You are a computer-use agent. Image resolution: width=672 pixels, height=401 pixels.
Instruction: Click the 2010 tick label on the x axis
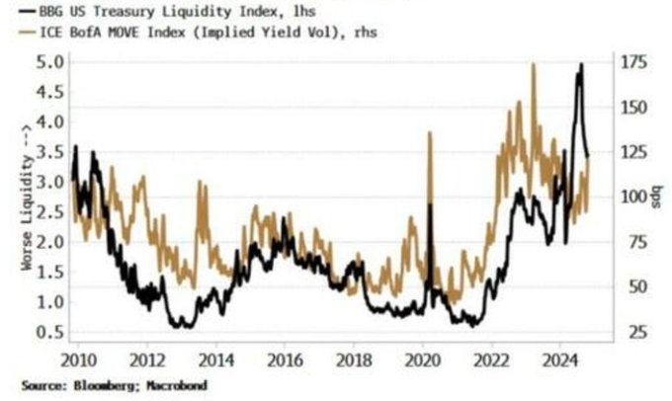pos(79,358)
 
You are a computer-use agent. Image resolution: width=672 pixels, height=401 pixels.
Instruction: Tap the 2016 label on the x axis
pos(285,358)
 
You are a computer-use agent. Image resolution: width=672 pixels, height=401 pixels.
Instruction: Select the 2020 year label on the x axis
pos(422,358)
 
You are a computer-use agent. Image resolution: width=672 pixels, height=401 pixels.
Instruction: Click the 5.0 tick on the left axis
pos(51,61)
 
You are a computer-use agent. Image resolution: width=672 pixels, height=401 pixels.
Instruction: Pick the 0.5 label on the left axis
pos(51,332)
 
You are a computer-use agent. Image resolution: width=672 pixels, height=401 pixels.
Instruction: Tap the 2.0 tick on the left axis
pos(51,242)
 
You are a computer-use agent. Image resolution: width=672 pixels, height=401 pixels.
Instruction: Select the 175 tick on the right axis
pos(636,61)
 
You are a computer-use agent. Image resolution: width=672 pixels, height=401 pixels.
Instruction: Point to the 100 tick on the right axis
pos(636,197)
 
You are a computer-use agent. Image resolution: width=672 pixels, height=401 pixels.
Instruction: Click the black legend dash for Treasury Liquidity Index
pos(17,13)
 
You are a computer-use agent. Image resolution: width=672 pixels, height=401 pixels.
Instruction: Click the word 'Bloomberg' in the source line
pos(99,384)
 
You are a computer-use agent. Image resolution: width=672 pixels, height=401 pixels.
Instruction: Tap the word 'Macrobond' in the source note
pos(179,384)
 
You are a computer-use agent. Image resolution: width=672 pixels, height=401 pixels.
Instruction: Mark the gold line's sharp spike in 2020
pos(430,132)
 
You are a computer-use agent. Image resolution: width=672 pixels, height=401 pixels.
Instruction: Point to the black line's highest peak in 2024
pos(581,64)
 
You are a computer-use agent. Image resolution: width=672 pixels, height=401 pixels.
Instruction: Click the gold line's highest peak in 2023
pos(534,64)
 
